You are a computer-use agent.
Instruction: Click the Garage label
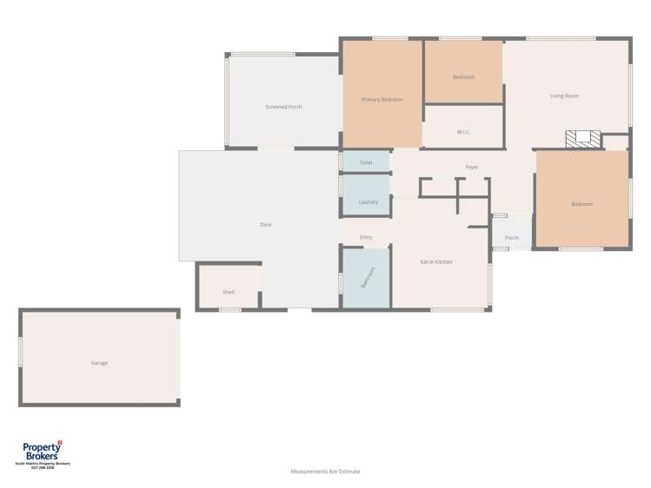click(x=99, y=363)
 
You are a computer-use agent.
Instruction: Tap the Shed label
click(x=229, y=292)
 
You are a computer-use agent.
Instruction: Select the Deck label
click(x=266, y=225)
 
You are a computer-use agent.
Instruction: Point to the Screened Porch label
click(x=283, y=107)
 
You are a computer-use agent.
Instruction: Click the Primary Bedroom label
click(x=382, y=100)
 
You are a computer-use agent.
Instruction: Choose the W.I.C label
click(x=463, y=132)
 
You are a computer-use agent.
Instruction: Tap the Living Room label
click(x=564, y=96)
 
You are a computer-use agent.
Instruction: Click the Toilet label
click(x=366, y=162)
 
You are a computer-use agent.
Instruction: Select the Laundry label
click(x=368, y=202)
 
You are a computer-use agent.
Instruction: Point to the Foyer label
click(x=472, y=167)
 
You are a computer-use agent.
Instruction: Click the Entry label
click(x=366, y=237)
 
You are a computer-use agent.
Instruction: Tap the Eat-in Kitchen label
click(x=436, y=261)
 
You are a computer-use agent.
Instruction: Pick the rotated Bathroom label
click(x=367, y=278)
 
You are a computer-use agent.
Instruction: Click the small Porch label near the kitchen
click(x=512, y=238)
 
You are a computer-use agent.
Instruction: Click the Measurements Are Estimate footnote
click(x=325, y=472)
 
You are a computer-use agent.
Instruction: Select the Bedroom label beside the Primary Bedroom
click(x=463, y=77)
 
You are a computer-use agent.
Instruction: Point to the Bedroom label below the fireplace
click(x=581, y=204)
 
